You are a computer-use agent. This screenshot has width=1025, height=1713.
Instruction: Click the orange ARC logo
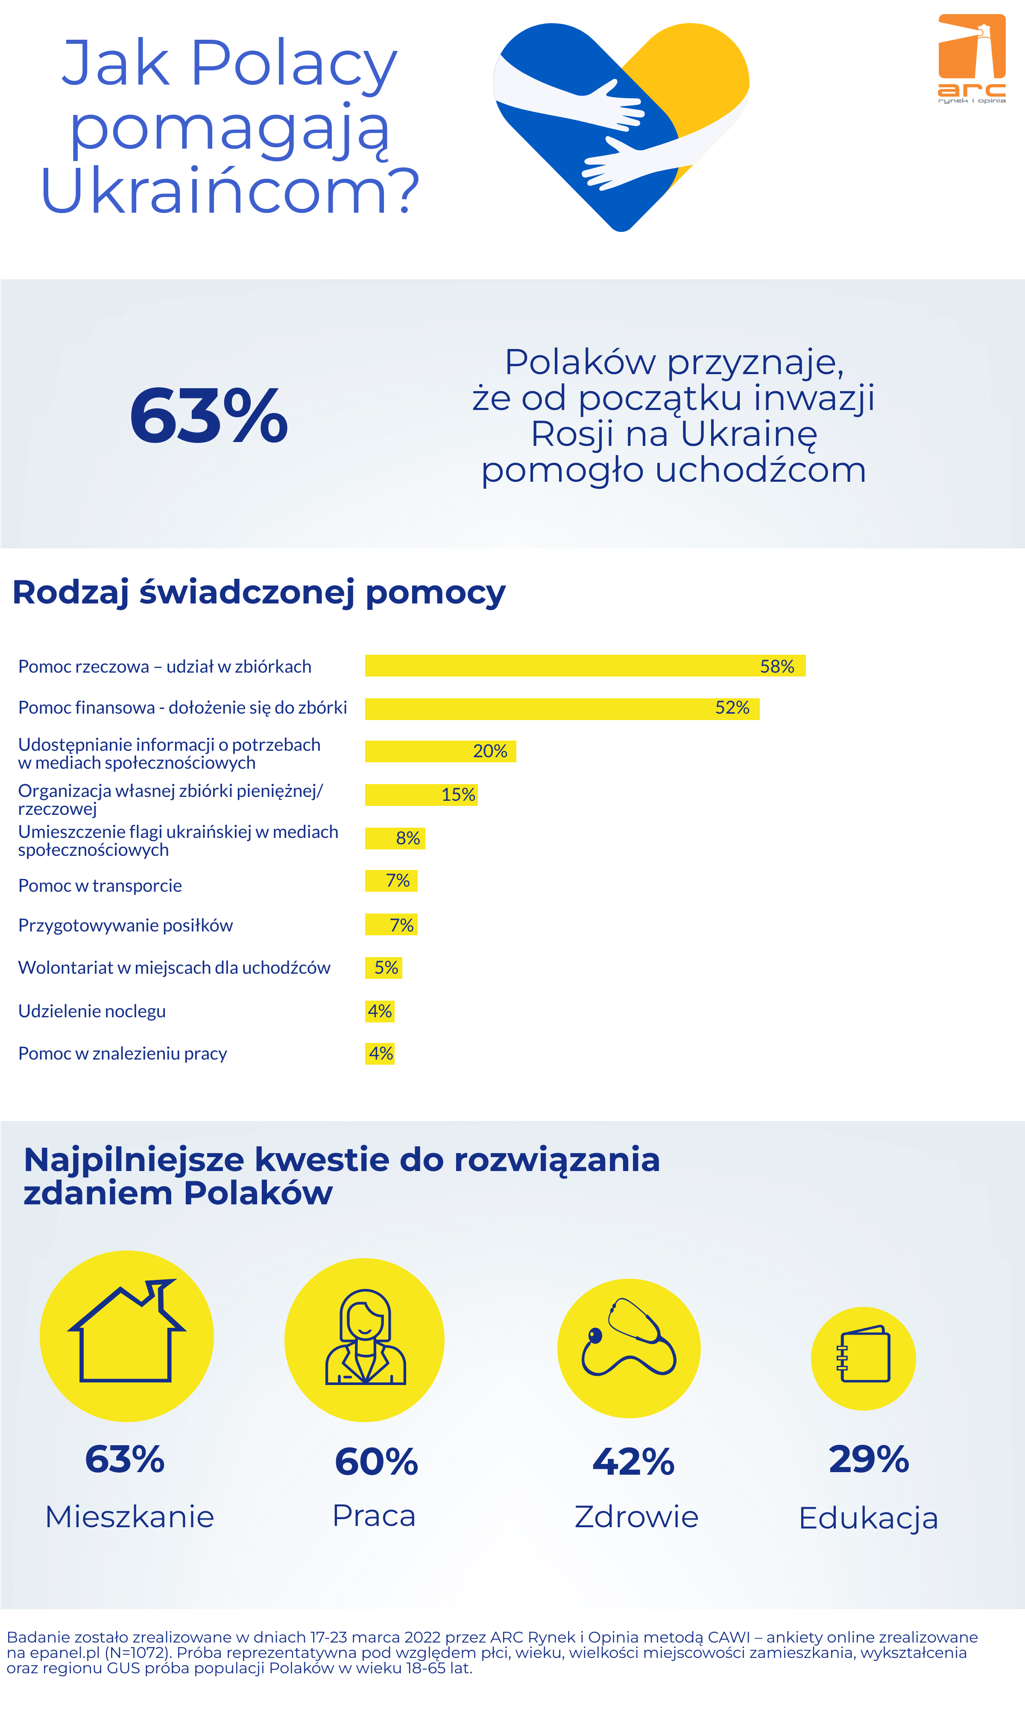(971, 58)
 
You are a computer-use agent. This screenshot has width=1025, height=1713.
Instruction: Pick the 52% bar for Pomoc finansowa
(562, 709)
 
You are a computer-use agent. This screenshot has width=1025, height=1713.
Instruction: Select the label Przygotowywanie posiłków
(126, 925)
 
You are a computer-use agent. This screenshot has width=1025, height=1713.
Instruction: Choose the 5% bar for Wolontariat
(384, 968)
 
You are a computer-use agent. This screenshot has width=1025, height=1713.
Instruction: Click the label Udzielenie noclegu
(92, 1011)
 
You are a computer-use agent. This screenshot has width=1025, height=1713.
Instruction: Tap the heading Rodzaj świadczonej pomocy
(259, 593)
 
